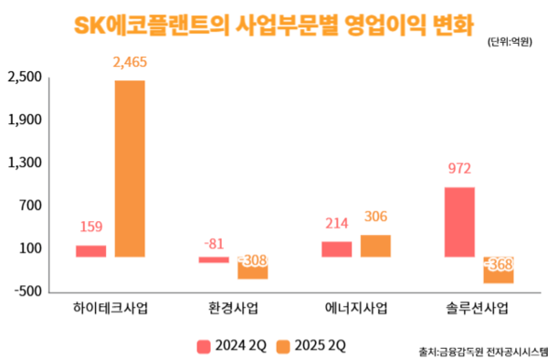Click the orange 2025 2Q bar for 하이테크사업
tap(130, 169)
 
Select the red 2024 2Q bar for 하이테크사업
tap(90, 251)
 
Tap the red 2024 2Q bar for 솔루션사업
tap(459, 222)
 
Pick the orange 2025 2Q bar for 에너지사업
tap(375, 246)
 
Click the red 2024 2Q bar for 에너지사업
tap(336, 249)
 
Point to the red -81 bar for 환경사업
tap(214, 260)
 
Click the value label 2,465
tap(130, 62)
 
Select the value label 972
tap(459, 169)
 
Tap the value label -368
tap(499, 265)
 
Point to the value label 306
tap(375, 217)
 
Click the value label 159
tap(91, 227)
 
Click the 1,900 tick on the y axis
tap(25, 120)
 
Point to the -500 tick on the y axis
tap(28, 291)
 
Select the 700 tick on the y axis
tap(31, 206)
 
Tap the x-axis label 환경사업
tap(233, 308)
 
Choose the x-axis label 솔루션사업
tap(477, 308)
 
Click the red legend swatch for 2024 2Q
tap(204, 346)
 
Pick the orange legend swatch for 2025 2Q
tap(283, 346)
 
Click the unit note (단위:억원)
tap(510, 42)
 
